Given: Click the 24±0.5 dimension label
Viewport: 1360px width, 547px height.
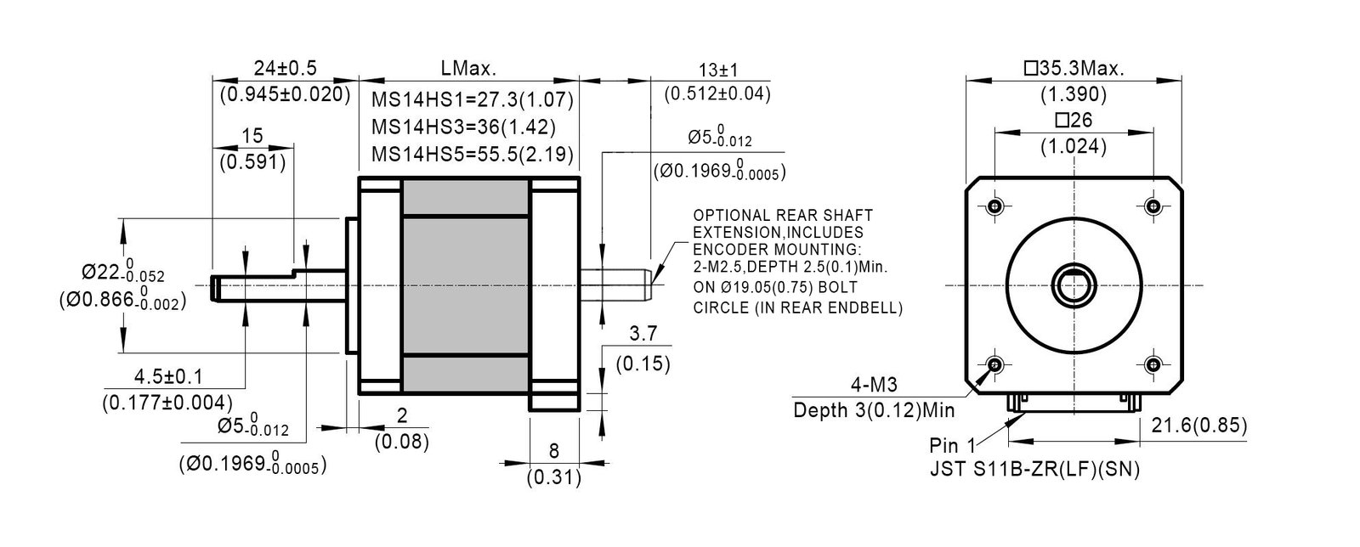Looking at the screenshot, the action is tap(285, 68).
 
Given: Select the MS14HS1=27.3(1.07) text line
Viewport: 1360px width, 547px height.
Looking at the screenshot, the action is tap(473, 99).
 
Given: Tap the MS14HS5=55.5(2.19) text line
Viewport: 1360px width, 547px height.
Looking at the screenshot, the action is tap(473, 155).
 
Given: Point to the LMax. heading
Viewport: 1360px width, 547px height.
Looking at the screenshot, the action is tap(468, 68).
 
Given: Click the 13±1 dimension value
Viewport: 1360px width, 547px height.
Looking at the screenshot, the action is tap(717, 70).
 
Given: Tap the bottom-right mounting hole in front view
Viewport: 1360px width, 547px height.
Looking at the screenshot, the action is tap(1153, 364).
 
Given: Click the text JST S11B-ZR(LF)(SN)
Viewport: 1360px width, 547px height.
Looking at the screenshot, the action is tap(1034, 470).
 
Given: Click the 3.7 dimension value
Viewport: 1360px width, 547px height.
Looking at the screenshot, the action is tap(643, 333).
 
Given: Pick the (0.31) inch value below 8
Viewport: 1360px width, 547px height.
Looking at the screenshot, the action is tap(553, 477).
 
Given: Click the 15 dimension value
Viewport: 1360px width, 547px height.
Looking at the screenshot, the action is tap(252, 136).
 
